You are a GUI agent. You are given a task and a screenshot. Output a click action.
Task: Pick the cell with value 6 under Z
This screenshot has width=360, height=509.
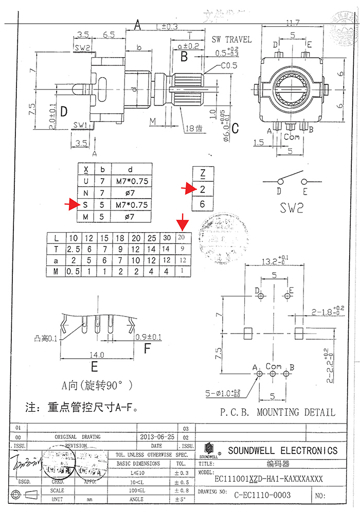click(203, 204)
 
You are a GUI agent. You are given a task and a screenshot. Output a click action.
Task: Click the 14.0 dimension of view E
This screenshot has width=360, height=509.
click(96, 355)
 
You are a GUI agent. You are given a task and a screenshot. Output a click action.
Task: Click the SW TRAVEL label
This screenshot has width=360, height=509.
click(232, 40)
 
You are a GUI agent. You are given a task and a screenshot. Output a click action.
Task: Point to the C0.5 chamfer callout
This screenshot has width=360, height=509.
click(229, 66)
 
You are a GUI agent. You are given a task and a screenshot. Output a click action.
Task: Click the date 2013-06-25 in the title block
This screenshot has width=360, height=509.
click(157, 436)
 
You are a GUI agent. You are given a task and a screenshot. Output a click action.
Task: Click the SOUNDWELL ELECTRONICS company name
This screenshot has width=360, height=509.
click(282, 451)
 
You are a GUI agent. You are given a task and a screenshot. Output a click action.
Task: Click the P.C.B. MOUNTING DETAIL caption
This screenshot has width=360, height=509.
click(277, 412)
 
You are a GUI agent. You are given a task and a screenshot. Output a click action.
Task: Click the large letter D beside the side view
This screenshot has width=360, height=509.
click(64, 111)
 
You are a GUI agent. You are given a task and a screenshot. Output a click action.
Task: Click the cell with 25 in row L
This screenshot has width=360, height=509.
click(151, 238)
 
